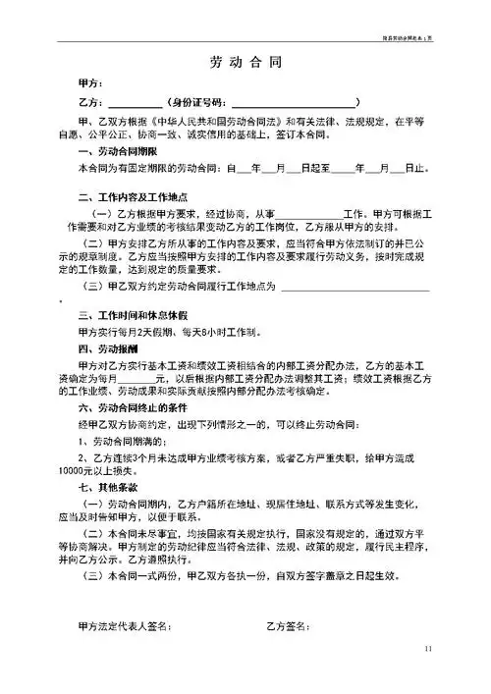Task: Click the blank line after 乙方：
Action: pos(134,103)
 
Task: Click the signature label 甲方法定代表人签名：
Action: pos(128,625)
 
